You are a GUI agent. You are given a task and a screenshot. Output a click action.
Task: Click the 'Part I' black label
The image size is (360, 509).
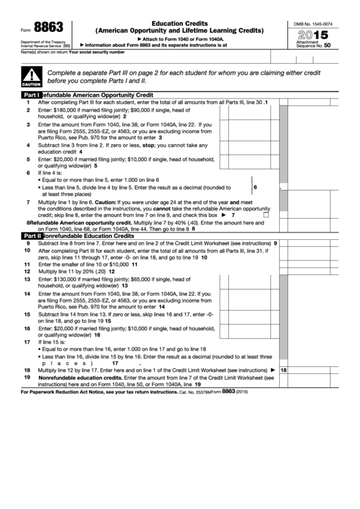(32, 96)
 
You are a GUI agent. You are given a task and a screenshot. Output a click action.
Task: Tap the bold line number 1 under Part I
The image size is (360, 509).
(28, 102)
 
